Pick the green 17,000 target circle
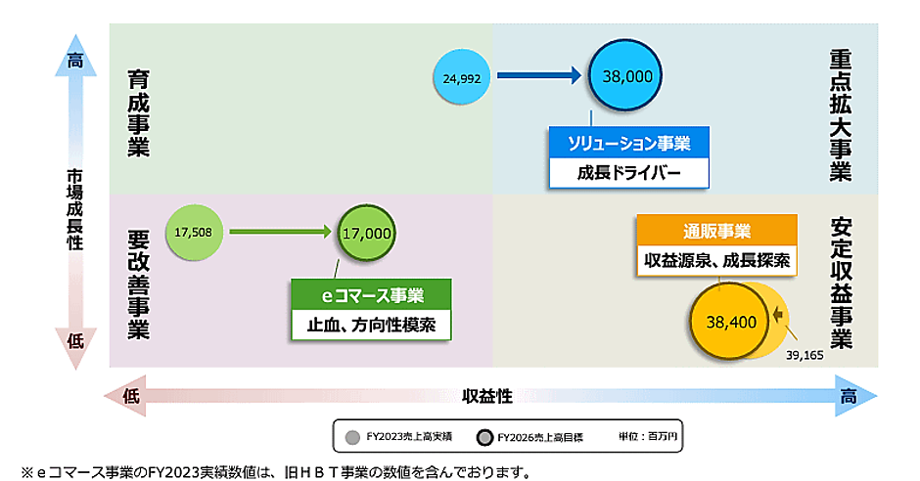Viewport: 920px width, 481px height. tap(367, 234)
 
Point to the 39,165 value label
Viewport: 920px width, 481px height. tap(805, 355)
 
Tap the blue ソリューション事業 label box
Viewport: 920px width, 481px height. tap(628, 144)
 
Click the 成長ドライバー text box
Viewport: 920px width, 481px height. tap(628, 174)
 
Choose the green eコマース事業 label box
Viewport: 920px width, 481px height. tap(372, 294)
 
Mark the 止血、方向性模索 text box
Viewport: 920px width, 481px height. tap(372, 325)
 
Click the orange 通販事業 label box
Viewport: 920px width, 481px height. tap(716, 232)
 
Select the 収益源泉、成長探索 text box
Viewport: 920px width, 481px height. tap(716, 261)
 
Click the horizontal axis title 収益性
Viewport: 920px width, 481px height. tap(487, 395)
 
